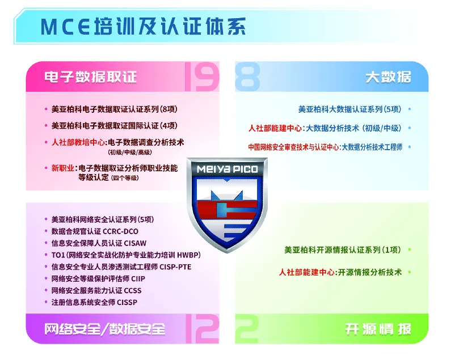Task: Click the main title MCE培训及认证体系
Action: pyautogui.click(x=143, y=27)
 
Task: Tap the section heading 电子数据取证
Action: pyautogui.click(x=90, y=77)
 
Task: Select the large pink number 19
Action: pyautogui.click(x=201, y=78)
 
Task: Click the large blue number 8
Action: pyautogui.click(x=247, y=77)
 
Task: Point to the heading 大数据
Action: pyautogui.click(x=388, y=77)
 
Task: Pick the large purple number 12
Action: pyautogui.click(x=203, y=329)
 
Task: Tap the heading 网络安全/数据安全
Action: pyautogui.click(x=105, y=329)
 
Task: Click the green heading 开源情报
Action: pyautogui.click(x=378, y=329)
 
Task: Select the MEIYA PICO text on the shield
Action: pyautogui.click(x=227, y=169)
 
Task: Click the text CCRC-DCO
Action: pyautogui.click(x=121, y=231)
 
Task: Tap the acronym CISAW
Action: pyautogui.click(x=135, y=243)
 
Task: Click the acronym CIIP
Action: pyautogui.click(x=138, y=279)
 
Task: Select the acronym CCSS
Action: pyautogui.click(x=133, y=291)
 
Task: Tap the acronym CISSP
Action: pyautogui.click(x=127, y=302)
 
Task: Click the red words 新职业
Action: pyautogui.click(x=62, y=168)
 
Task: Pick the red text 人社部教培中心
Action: pyautogui.click(x=78, y=142)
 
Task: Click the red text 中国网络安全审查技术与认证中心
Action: pyautogui.click(x=293, y=147)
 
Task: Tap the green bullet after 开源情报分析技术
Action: pyautogui.click(x=410, y=272)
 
